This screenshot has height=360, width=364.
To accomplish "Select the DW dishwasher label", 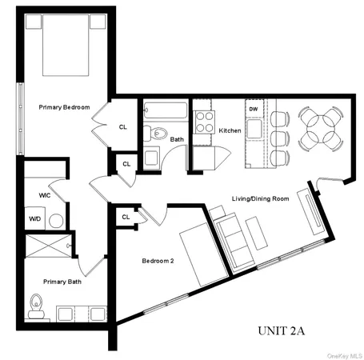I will point(253,108).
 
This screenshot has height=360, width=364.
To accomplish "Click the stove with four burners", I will point(205,122).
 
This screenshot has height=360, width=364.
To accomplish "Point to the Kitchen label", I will point(230,130).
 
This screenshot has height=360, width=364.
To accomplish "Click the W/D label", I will point(35,218).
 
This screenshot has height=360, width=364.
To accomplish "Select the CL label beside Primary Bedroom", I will point(123,126).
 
